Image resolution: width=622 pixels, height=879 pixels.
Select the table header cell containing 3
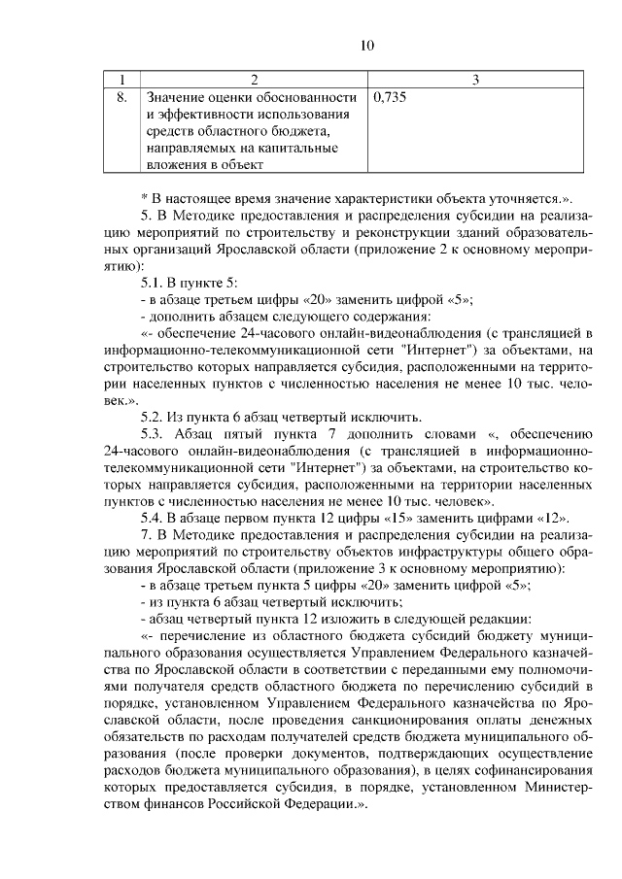(475, 79)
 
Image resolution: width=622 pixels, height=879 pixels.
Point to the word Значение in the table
(173, 98)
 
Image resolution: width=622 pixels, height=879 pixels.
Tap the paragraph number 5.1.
(155, 283)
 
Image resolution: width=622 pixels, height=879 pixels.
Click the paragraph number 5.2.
(155, 417)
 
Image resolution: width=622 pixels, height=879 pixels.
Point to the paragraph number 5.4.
(155, 518)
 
